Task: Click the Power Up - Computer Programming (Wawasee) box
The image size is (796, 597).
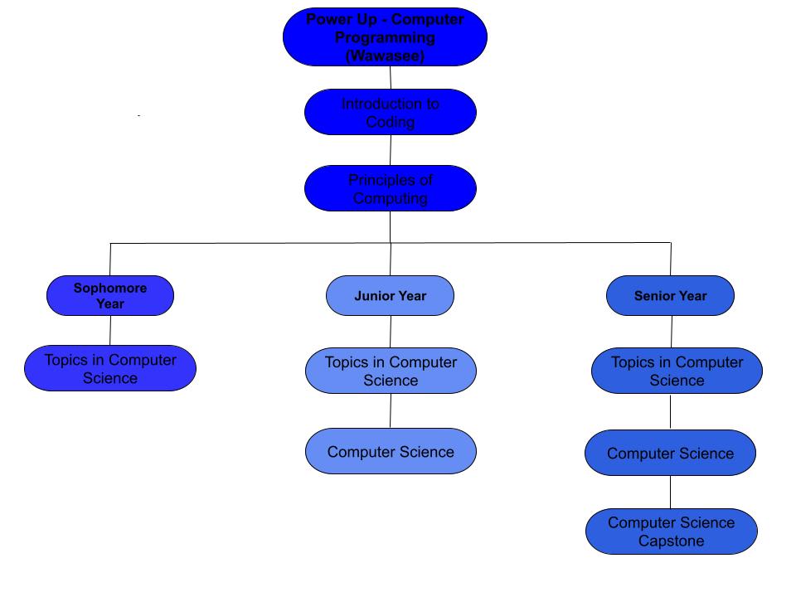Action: click(x=385, y=37)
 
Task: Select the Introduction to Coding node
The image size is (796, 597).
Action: click(x=391, y=112)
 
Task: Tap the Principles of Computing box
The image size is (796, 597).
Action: click(x=391, y=188)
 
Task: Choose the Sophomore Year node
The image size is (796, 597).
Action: click(x=110, y=296)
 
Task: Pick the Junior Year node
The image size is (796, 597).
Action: click(x=390, y=296)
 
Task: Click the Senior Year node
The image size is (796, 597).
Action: click(x=670, y=296)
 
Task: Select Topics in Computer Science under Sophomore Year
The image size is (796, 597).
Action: click(x=110, y=368)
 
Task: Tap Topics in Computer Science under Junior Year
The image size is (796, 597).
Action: click(x=391, y=371)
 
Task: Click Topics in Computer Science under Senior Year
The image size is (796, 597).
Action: click(x=677, y=371)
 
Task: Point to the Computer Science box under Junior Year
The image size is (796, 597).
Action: click(x=391, y=452)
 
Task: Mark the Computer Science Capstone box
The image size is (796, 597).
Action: click(x=671, y=531)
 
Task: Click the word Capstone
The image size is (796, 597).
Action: click(x=672, y=541)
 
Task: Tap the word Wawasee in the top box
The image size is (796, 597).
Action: click(x=385, y=56)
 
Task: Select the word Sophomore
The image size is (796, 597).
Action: click(x=110, y=289)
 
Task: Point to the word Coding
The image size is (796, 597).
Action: click(x=391, y=122)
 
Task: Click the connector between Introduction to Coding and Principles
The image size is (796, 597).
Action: click(x=391, y=150)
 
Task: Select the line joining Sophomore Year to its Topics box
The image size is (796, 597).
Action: click(x=110, y=330)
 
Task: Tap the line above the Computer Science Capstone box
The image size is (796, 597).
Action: click(x=671, y=493)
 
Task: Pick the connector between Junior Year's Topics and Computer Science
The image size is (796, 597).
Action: click(x=391, y=410)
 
